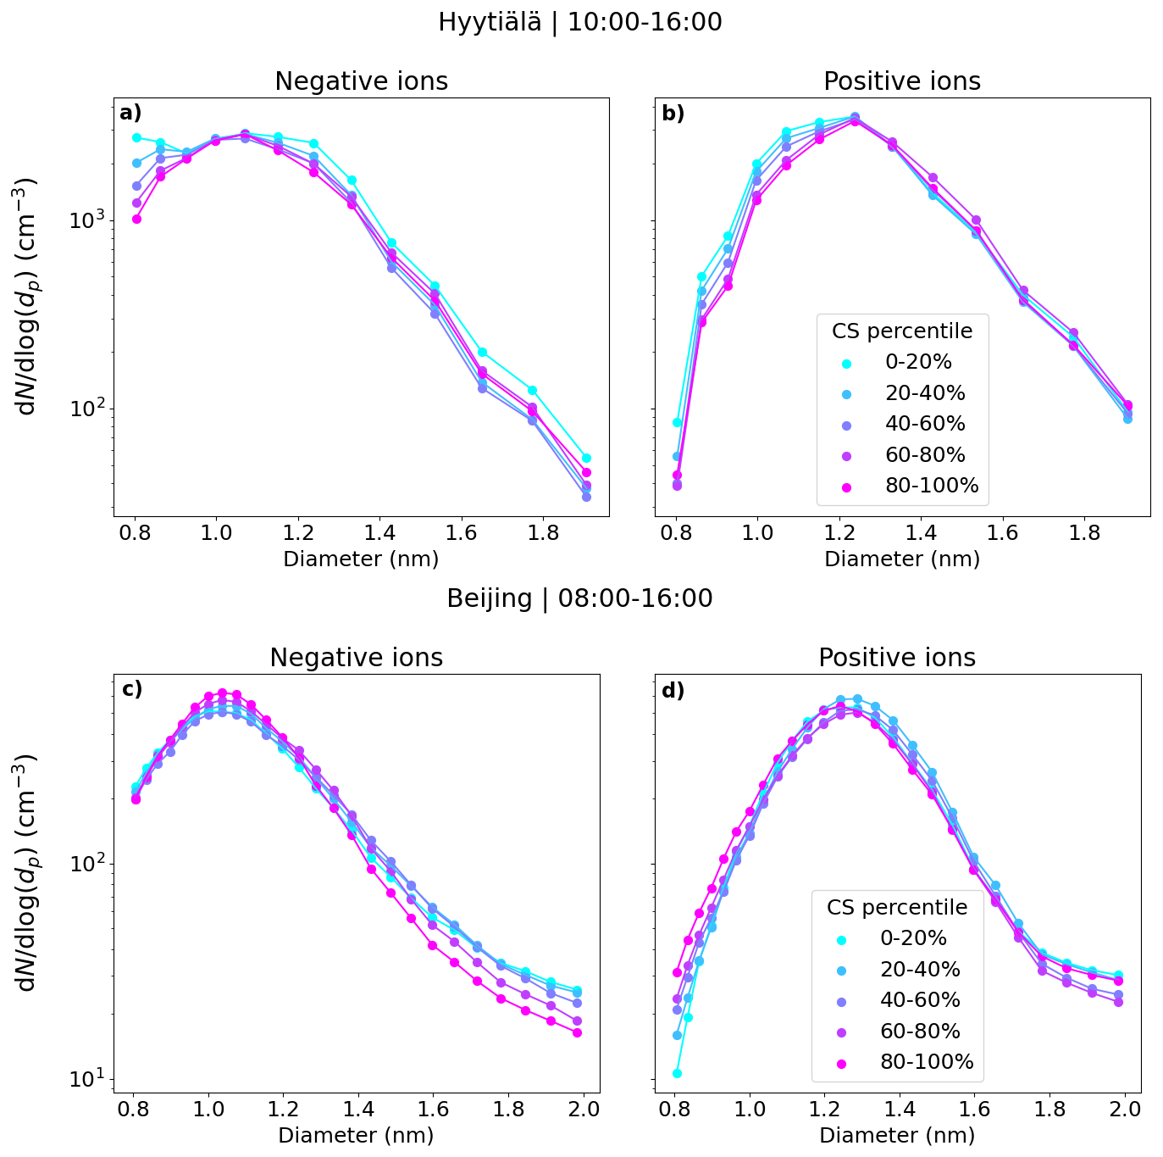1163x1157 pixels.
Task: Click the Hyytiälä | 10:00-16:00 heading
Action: click(579, 22)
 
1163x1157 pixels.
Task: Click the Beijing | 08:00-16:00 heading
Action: click(579, 598)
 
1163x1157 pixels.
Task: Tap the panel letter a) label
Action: click(130, 113)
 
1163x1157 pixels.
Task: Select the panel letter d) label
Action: click(673, 691)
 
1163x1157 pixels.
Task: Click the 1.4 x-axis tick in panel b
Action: click(921, 533)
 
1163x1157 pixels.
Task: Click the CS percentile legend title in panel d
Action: click(897, 908)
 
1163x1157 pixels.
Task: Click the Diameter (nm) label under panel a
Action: click(361, 559)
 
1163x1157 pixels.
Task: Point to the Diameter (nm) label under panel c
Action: click(356, 1136)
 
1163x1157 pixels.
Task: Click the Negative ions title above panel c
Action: click(356, 658)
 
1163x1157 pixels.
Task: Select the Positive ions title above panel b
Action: click(902, 81)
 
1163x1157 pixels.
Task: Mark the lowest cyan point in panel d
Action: click(677, 1073)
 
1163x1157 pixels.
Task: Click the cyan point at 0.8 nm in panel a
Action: click(136, 137)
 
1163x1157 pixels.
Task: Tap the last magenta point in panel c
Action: click(577, 1032)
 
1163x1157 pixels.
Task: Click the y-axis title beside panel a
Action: click(27, 297)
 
